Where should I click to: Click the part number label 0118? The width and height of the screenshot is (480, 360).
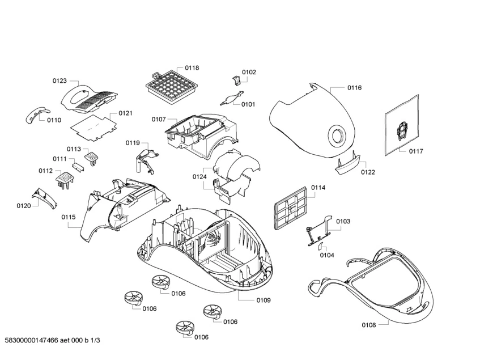click(192, 68)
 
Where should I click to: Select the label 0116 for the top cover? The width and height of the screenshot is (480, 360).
click(354, 88)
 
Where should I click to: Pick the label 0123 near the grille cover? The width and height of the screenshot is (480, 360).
click(60, 81)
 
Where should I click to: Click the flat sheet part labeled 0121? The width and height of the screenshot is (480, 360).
click(92, 125)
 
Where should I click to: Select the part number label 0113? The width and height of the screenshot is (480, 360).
click(74, 149)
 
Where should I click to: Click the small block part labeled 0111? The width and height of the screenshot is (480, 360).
click(79, 166)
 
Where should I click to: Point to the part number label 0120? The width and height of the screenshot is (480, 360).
click(23, 206)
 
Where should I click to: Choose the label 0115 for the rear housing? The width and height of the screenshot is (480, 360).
click(69, 217)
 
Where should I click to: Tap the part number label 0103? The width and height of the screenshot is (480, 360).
click(343, 221)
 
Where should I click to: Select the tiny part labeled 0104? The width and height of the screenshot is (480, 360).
click(320, 245)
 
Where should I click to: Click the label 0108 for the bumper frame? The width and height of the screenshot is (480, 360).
click(368, 325)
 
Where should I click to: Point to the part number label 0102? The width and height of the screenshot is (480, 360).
click(249, 72)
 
